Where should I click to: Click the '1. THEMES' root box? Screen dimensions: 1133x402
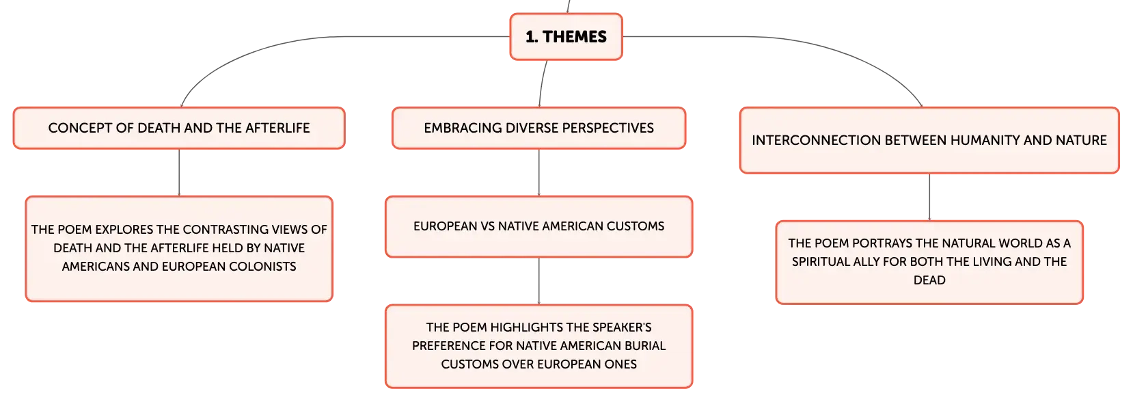[x=566, y=36]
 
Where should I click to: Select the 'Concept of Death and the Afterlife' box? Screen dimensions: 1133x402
[x=179, y=128]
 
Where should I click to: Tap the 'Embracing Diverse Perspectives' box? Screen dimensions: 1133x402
[x=538, y=128]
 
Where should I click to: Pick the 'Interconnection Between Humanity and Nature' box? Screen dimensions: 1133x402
[x=929, y=140]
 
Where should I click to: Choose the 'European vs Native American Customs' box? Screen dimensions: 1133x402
[x=538, y=226]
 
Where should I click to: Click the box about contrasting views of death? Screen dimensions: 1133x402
[x=179, y=249]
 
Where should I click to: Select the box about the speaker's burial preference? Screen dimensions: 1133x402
[x=538, y=347]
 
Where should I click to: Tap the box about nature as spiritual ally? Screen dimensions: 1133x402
[x=929, y=263]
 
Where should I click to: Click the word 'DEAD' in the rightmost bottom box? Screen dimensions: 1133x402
[x=929, y=280]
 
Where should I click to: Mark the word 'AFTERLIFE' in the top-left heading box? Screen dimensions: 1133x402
[x=277, y=128]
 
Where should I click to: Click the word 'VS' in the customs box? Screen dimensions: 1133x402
[x=488, y=226]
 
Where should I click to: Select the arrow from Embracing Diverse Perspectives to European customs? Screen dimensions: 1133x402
[x=538, y=172]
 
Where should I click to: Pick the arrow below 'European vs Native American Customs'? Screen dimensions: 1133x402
[x=538, y=281]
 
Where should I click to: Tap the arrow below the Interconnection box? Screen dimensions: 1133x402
[x=929, y=197]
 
